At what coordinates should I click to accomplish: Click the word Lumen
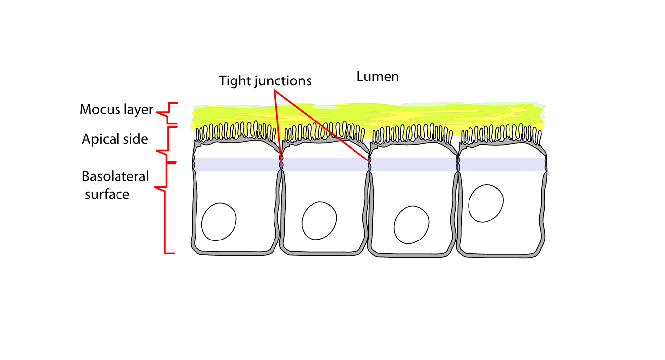(x=378, y=77)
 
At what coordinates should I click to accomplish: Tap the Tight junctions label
(x=265, y=80)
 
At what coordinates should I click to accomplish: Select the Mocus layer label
(x=117, y=109)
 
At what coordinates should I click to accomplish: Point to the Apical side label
(x=115, y=139)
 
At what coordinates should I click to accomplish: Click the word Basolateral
(x=115, y=176)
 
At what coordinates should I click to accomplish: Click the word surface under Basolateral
(x=107, y=194)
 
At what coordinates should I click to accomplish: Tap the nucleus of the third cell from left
(x=412, y=225)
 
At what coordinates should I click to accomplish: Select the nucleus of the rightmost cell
(x=486, y=203)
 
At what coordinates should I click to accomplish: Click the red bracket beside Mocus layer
(x=166, y=113)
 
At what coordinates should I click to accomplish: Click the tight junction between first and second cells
(x=281, y=164)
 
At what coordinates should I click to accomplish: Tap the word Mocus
(x=98, y=109)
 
